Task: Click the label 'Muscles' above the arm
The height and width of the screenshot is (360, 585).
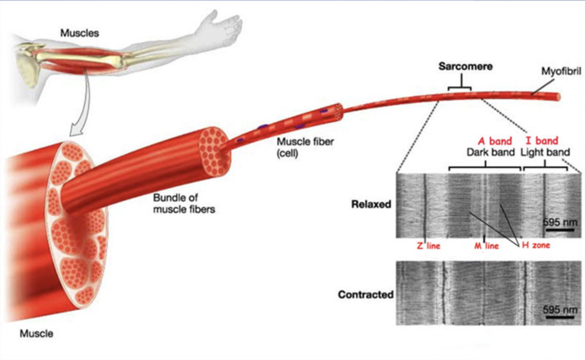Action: [80, 33]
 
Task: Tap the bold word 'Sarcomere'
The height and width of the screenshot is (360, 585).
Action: [465, 66]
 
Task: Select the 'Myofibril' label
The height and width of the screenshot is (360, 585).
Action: [561, 71]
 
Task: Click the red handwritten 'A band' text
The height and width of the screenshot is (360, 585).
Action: [495, 141]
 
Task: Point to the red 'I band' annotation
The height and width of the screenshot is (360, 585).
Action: [542, 141]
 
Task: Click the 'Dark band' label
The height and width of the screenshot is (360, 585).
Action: [490, 152]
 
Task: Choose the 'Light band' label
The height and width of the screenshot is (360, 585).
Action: [545, 152]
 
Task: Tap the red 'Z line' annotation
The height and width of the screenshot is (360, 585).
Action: [428, 246]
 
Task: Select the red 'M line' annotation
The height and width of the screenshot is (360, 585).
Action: [486, 246]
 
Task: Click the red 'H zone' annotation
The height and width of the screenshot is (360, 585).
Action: [536, 245]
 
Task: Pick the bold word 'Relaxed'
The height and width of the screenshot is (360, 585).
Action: [371, 204]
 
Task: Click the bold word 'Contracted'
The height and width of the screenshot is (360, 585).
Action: [365, 295]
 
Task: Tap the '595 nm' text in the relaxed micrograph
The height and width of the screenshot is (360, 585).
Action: [560, 222]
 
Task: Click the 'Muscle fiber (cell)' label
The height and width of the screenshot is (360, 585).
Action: [305, 147]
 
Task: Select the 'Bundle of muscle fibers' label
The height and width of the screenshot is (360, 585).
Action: [184, 204]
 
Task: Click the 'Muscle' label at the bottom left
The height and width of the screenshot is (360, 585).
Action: [36, 333]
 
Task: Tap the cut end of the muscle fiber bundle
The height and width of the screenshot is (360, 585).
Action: [214, 151]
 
